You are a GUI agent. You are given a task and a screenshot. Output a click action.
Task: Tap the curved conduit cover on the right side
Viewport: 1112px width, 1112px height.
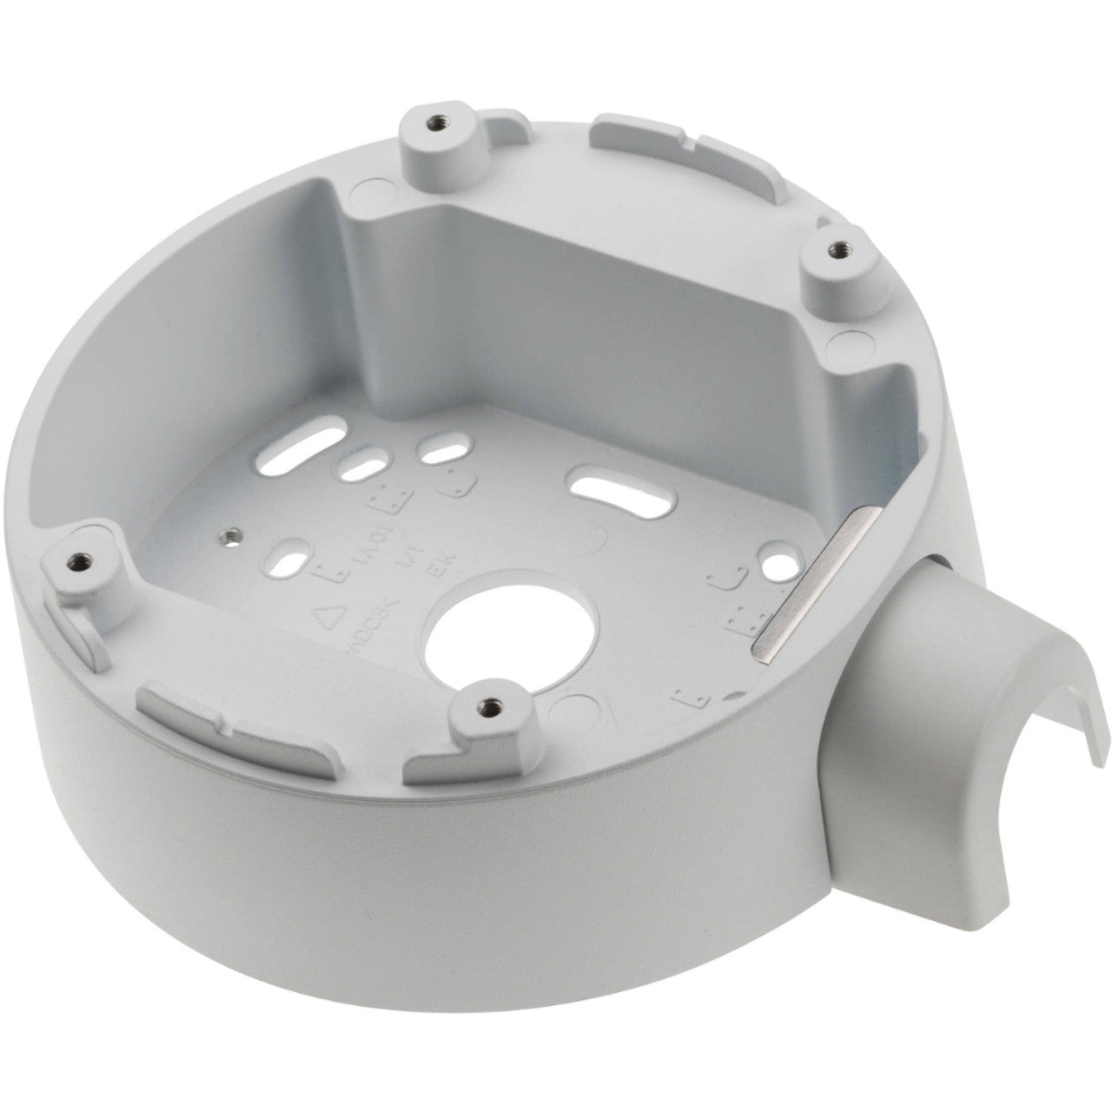(938, 660)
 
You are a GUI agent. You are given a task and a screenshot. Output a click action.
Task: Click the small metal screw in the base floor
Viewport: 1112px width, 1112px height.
(231, 535)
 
